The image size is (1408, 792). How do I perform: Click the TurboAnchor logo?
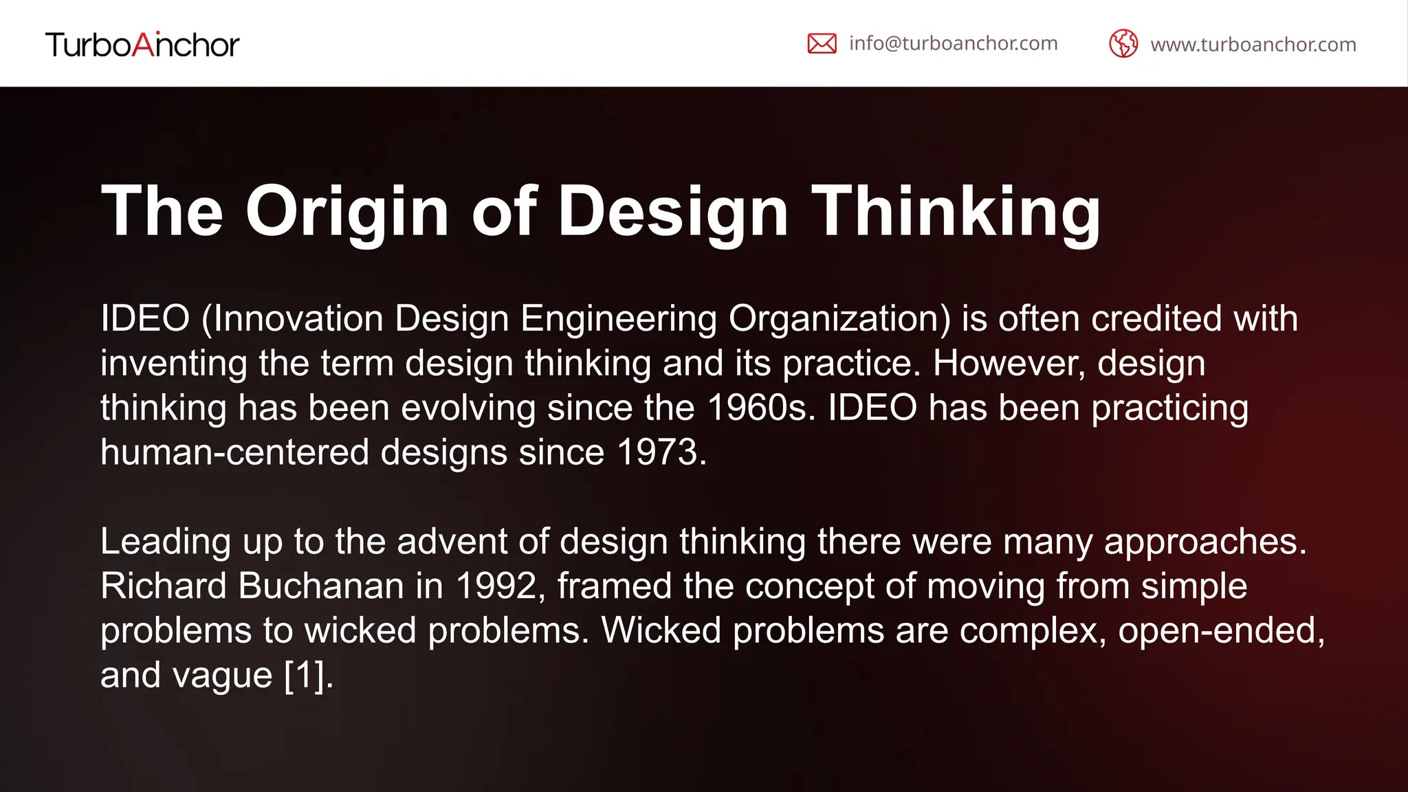click(x=142, y=45)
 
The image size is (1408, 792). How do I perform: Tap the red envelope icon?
click(x=822, y=43)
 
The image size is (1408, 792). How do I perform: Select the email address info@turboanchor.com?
click(x=953, y=43)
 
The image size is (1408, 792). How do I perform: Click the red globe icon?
click(x=1123, y=44)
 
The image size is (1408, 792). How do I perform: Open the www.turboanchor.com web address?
click(x=1253, y=45)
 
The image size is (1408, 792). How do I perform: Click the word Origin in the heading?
click(x=347, y=211)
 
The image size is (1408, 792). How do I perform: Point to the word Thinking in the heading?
click(x=956, y=211)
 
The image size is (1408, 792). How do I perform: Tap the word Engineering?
click(x=619, y=319)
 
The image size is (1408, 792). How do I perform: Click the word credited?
click(x=1156, y=319)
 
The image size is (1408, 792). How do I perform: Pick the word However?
click(x=1009, y=364)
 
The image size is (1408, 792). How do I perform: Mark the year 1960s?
click(x=760, y=408)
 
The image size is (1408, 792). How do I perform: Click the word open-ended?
click(x=1221, y=630)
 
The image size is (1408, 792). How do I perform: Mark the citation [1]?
click(x=307, y=675)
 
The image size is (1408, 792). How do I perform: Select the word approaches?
click(x=1204, y=542)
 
